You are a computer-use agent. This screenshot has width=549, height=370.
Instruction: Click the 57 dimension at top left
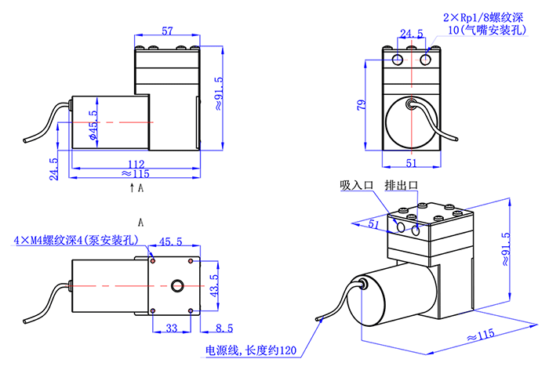[167, 31]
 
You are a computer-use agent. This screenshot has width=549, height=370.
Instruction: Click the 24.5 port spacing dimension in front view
[411, 34]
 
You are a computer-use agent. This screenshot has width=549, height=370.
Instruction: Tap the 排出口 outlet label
[402, 186]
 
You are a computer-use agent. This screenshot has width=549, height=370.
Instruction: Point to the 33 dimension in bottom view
[172, 328]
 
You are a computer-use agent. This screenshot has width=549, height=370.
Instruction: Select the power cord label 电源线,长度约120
[250, 350]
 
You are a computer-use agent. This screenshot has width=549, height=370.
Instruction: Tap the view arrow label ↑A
[136, 189]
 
